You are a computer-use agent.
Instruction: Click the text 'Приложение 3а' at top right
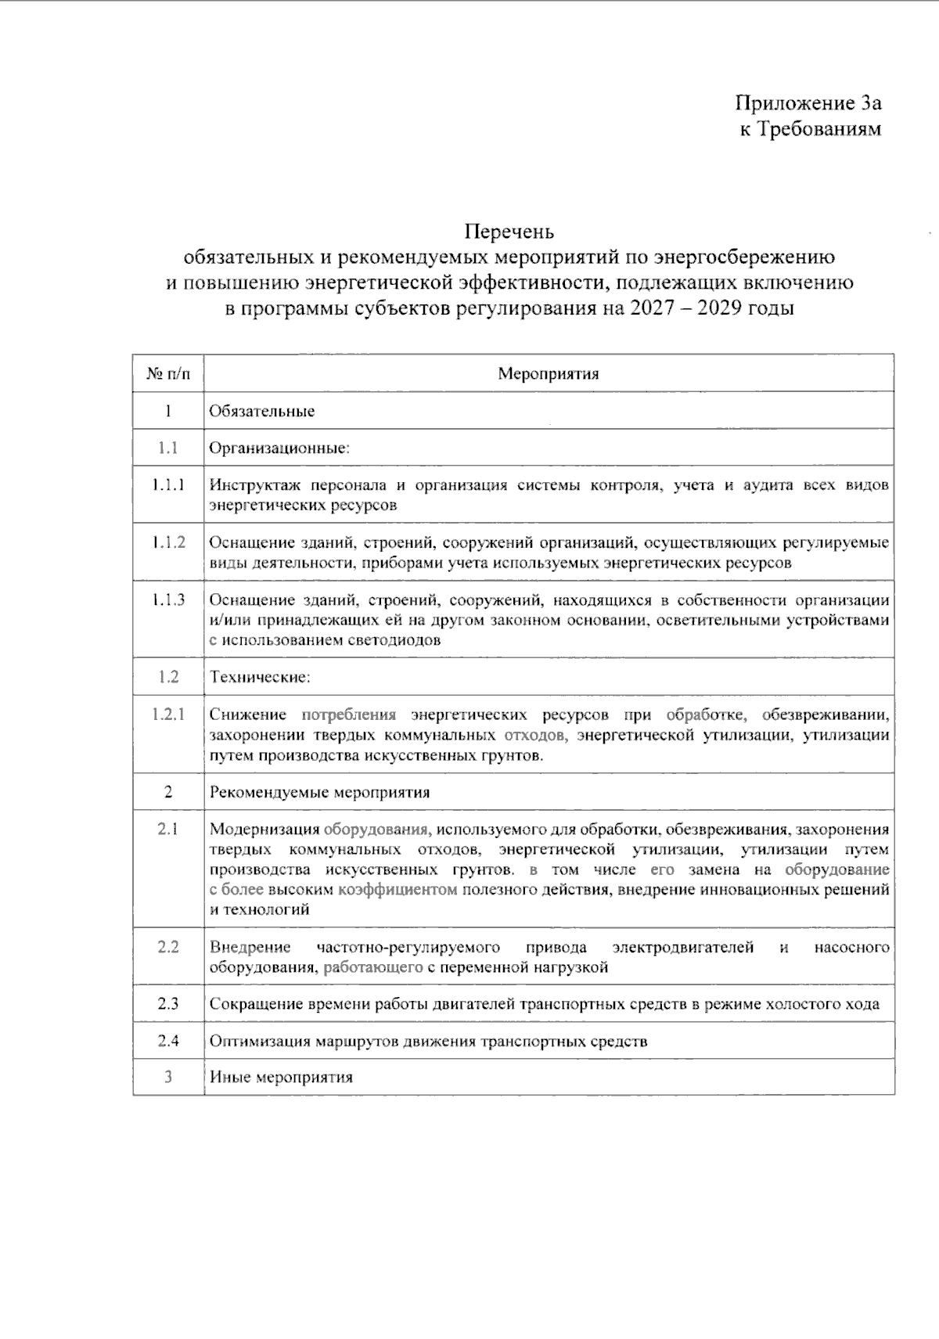808,103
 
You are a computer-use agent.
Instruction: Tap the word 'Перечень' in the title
509,232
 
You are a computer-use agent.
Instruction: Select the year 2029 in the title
725,308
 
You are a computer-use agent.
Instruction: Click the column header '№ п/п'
168,373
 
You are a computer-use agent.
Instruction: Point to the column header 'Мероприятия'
549,373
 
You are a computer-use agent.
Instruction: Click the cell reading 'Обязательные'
262,411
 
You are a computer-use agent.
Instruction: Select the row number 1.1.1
168,484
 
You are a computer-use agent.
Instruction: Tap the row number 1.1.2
168,542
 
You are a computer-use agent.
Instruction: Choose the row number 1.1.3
168,599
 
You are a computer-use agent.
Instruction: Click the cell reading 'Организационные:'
279,448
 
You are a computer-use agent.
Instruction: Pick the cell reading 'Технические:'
260,677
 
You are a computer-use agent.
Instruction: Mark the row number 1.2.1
168,714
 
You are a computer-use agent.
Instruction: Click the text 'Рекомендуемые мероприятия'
319,792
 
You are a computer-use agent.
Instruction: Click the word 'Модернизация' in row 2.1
264,830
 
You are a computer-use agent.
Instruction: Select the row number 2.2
168,947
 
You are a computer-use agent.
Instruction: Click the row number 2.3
168,1004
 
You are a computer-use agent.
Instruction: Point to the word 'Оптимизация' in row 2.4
261,1042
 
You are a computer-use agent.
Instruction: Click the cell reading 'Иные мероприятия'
281,1078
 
